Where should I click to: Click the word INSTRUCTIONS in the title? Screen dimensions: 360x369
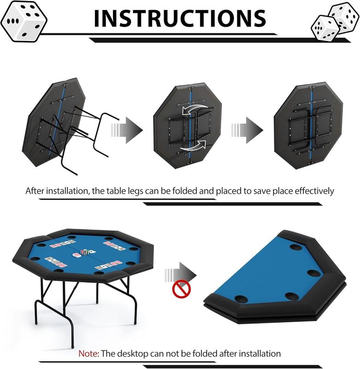point(180,18)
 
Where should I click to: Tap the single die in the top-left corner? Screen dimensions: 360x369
point(24,21)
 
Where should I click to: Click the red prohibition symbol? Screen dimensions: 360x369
point(182,289)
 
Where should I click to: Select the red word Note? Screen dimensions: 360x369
point(89,353)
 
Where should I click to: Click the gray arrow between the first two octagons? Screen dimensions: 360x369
point(127,130)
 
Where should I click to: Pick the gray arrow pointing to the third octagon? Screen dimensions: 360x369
point(247,130)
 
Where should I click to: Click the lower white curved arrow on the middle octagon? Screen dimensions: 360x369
point(193,146)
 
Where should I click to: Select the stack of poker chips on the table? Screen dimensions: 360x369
point(85,252)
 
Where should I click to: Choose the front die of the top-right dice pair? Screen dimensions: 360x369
point(325,28)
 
